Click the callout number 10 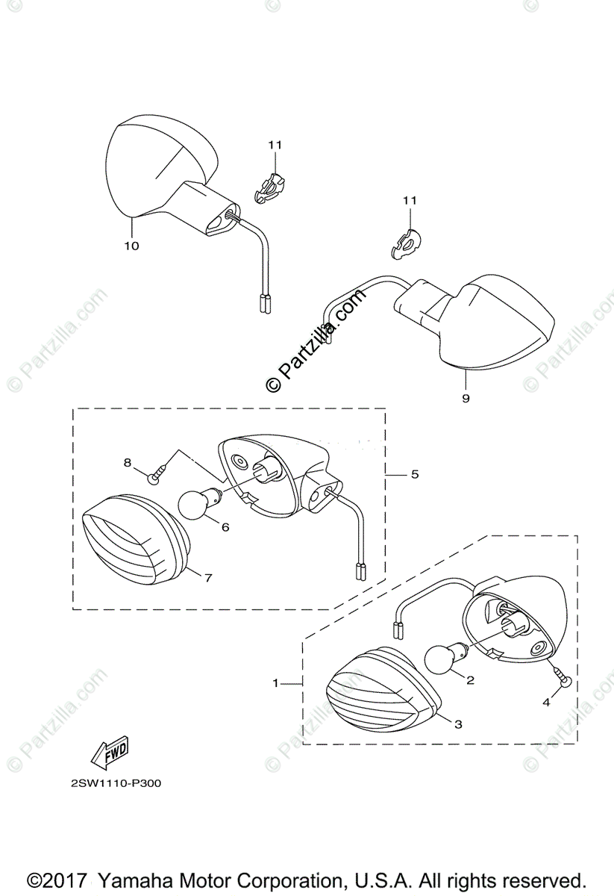[131, 246]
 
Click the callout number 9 [466, 399]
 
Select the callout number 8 [128, 463]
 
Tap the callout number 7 [208, 577]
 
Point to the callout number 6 [225, 526]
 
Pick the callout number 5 [415, 474]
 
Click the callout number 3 [458, 724]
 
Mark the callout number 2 [470, 680]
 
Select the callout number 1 [275, 682]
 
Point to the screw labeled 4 [566, 680]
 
